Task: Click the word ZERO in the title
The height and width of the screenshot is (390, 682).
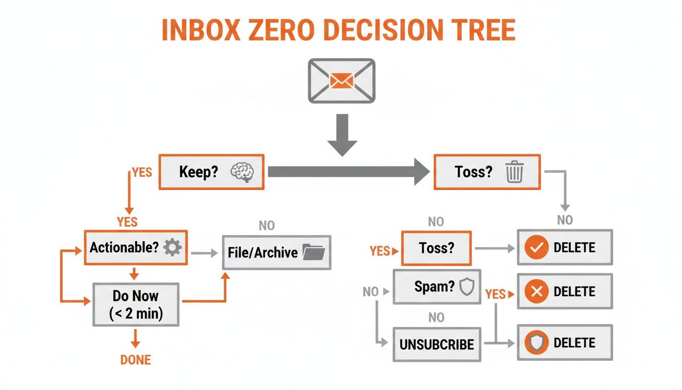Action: [277, 30]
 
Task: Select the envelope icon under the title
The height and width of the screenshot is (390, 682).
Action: [342, 81]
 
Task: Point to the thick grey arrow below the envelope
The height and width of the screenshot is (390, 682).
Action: [342, 134]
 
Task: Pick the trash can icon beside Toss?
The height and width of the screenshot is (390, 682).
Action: [514, 172]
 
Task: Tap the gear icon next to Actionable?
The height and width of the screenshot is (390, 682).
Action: [173, 248]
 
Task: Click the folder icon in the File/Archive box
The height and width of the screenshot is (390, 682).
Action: [313, 252]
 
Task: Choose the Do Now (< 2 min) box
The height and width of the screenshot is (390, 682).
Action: [135, 304]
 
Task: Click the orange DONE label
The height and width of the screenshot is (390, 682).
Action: [135, 360]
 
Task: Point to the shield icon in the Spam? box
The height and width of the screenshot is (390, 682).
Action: [466, 287]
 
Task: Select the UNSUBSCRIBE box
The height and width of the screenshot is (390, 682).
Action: [437, 344]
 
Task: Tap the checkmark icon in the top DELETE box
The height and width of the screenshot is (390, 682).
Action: [536, 248]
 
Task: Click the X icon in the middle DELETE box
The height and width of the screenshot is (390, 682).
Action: [536, 291]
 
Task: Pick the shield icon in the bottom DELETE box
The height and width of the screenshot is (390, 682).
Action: [536, 343]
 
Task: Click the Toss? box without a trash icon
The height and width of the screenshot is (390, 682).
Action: [437, 248]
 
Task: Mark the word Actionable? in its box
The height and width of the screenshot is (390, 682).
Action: [124, 248]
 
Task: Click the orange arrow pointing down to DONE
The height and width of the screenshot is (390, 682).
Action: [135, 339]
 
